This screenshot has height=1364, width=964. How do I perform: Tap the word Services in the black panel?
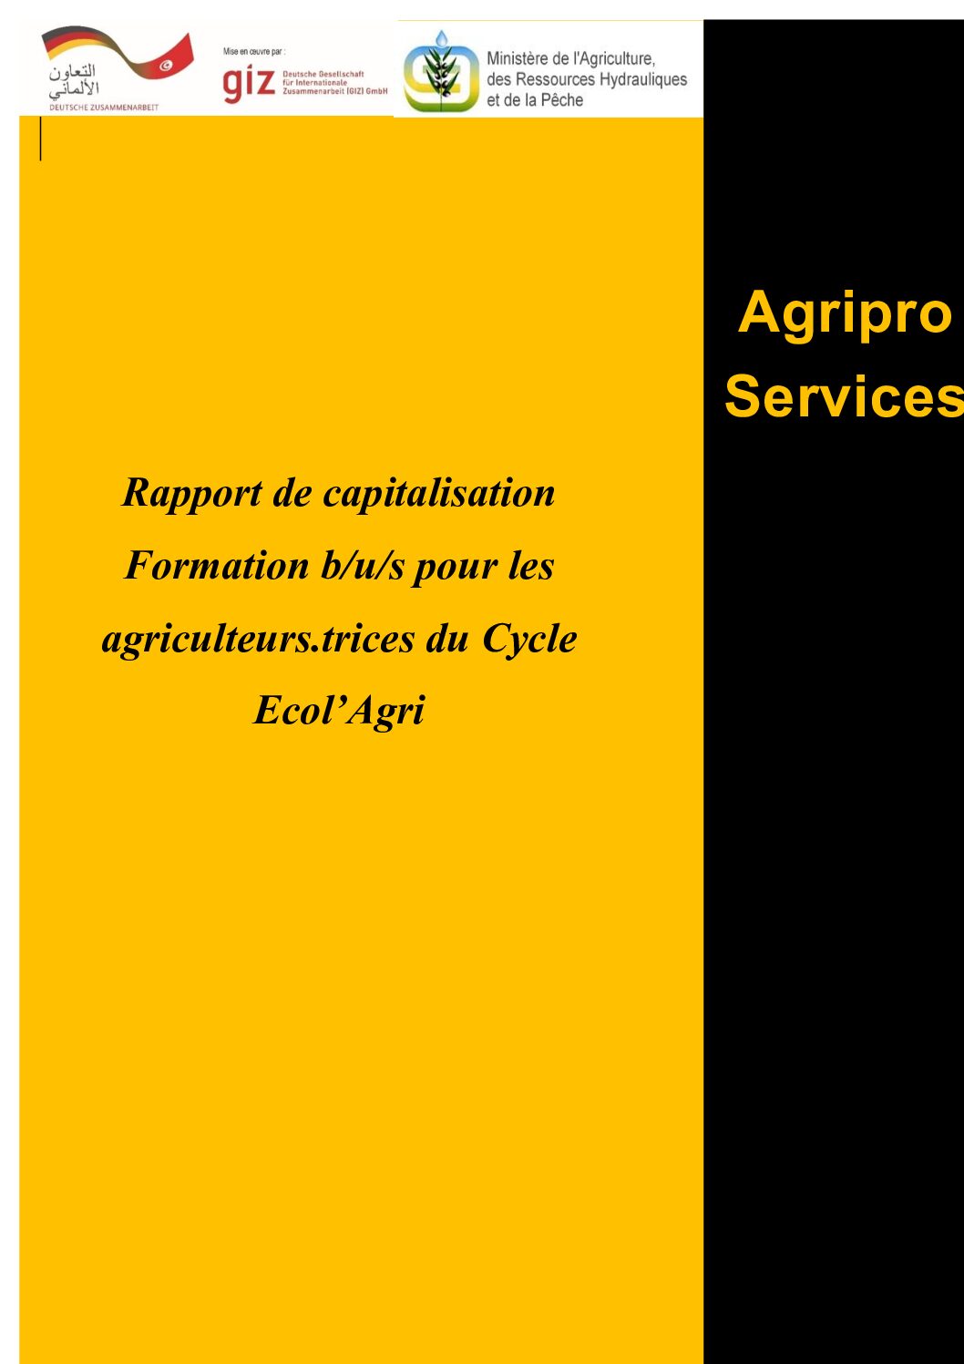pos(844,396)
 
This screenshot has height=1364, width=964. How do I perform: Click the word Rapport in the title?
pos(192,494)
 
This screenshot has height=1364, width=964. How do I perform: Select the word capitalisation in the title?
pos(438,494)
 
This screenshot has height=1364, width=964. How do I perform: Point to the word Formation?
pos(216,566)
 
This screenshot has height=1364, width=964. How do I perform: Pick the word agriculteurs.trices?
pos(258,640)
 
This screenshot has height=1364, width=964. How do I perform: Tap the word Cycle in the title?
pos(529,640)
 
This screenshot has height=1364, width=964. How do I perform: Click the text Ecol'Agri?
pos(339,711)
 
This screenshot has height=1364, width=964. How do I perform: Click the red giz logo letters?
pos(249,84)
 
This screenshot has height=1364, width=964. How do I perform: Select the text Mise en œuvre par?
pos(254,52)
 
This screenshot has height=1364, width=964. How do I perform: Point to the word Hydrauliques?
pos(643,80)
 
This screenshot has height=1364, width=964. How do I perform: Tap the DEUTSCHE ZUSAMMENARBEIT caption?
pos(104,108)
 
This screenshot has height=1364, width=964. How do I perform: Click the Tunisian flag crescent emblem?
pos(166,66)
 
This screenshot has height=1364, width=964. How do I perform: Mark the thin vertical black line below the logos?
pos(41,138)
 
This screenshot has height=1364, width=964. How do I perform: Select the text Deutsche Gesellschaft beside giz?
pos(323,74)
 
